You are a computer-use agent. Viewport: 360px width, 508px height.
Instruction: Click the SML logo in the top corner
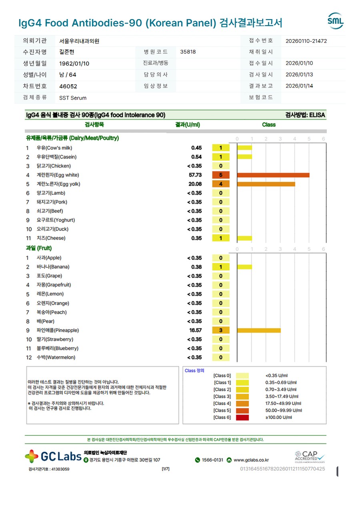(335, 21)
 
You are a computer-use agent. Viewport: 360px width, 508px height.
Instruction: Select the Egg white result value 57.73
(195, 175)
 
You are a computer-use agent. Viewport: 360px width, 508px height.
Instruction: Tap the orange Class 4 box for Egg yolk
(221, 184)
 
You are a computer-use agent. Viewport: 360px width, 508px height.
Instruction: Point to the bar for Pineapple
(259, 331)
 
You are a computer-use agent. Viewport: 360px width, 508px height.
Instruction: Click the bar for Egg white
(273, 175)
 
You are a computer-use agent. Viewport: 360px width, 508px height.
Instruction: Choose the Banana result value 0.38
(196, 267)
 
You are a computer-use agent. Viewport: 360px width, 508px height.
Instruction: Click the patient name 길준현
(67, 52)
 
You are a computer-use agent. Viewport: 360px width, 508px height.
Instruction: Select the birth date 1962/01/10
(74, 64)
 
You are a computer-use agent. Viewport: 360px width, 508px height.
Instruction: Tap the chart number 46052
(68, 86)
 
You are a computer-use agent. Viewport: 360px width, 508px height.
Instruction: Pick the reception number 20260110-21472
(306, 41)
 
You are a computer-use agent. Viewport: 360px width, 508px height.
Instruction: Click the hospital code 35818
(188, 52)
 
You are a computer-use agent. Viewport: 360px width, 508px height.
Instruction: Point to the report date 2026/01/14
(299, 86)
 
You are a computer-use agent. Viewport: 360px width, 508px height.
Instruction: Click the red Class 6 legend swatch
(242, 418)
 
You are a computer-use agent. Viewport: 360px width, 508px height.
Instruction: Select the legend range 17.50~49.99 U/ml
(283, 404)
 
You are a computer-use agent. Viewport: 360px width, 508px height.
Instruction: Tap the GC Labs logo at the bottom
(53, 456)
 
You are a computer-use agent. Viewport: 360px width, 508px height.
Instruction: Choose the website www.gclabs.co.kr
(251, 460)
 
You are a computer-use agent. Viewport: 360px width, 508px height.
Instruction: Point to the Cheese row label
(51, 238)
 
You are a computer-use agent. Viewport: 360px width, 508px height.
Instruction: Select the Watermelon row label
(56, 358)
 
